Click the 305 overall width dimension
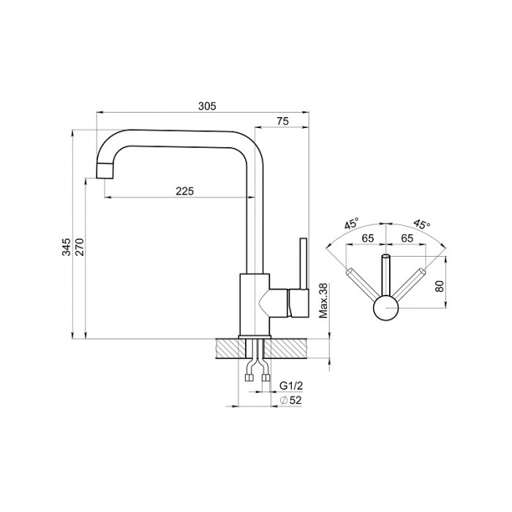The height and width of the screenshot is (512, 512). click(x=207, y=106)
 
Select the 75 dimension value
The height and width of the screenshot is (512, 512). click(x=283, y=121)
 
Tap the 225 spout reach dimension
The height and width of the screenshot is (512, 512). click(x=185, y=191)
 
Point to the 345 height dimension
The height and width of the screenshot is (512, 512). click(x=67, y=246)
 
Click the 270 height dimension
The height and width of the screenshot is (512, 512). click(x=80, y=247)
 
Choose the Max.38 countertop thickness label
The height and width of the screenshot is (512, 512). click(x=323, y=301)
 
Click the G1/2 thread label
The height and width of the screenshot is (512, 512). click(x=291, y=385)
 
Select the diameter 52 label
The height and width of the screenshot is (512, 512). click(x=291, y=400)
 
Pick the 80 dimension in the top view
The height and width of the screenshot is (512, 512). click(x=440, y=286)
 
